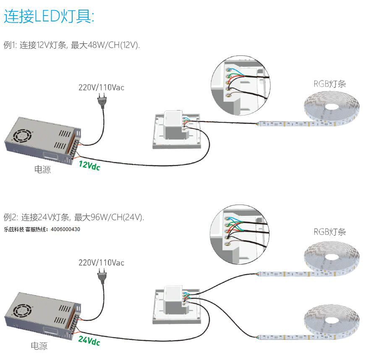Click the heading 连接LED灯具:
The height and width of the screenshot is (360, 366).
tap(50, 17)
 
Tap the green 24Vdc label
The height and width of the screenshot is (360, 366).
tap(89, 341)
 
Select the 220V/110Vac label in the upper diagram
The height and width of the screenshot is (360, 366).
tap(102, 88)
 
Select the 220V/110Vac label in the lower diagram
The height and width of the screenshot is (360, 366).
tap(102, 263)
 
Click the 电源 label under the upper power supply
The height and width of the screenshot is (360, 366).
tap(42, 170)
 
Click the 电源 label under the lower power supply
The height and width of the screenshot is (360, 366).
tap(39, 346)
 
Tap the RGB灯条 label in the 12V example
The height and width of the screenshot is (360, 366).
tap(329, 84)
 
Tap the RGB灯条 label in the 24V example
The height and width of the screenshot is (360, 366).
tap(329, 232)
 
